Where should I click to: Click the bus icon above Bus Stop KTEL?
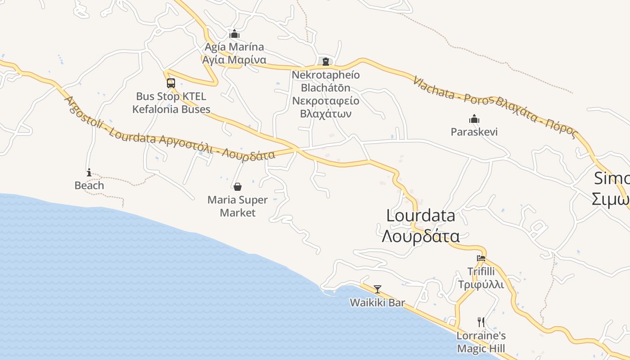click(x=171, y=83)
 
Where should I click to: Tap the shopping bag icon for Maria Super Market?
click(x=238, y=187)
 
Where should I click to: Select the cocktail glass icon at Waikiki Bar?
click(x=378, y=289)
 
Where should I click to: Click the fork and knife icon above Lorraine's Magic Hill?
click(x=481, y=322)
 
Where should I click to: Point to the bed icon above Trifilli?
click(x=481, y=258)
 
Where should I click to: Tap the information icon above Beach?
click(x=89, y=172)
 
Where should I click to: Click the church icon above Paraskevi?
click(x=474, y=119)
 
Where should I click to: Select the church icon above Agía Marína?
click(x=234, y=34)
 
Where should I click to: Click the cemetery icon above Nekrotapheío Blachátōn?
click(x=326, y=62)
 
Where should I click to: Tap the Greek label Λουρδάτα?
click(x=421, y=236)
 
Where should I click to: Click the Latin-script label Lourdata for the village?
click(x=421, y=216)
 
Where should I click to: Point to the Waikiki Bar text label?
click(x=378, y=303)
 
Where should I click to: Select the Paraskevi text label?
click(x=474, y=132)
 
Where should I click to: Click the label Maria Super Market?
click(x=238, y=206)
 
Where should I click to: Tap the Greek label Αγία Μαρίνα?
click(x=234, y=60)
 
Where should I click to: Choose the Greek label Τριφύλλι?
click(x=481, y=284)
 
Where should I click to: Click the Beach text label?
click(x=89, y=185)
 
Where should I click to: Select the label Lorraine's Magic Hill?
click(x=481, y=342)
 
